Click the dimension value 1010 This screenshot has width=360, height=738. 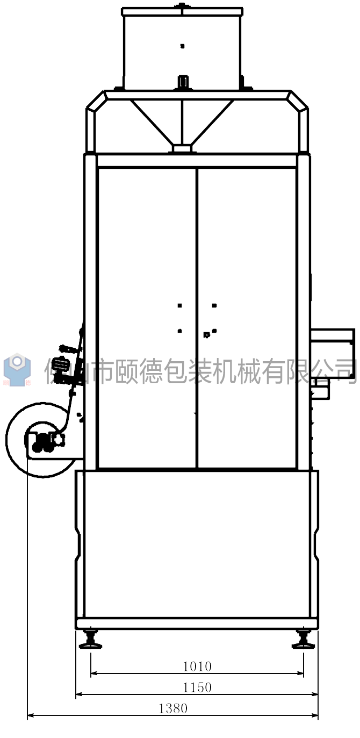click(197, 667)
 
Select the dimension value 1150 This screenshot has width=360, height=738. click(197, 687)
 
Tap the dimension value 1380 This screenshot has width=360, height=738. click(173, 708)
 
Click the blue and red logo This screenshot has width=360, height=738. click(17, 370)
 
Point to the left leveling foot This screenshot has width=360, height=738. click(90, 639)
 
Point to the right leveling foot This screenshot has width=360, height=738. click(304, 639)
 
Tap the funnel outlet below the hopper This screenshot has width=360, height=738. click(183, 147)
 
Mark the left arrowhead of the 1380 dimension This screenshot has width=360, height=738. click(30, 715)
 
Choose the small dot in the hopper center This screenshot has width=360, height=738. click(182, 46)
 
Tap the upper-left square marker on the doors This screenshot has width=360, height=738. click(179, 305)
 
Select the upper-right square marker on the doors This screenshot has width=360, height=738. click(214, 305)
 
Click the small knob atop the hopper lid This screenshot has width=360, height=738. click(182, 5)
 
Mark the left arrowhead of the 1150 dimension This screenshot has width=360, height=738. click(78, 694)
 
